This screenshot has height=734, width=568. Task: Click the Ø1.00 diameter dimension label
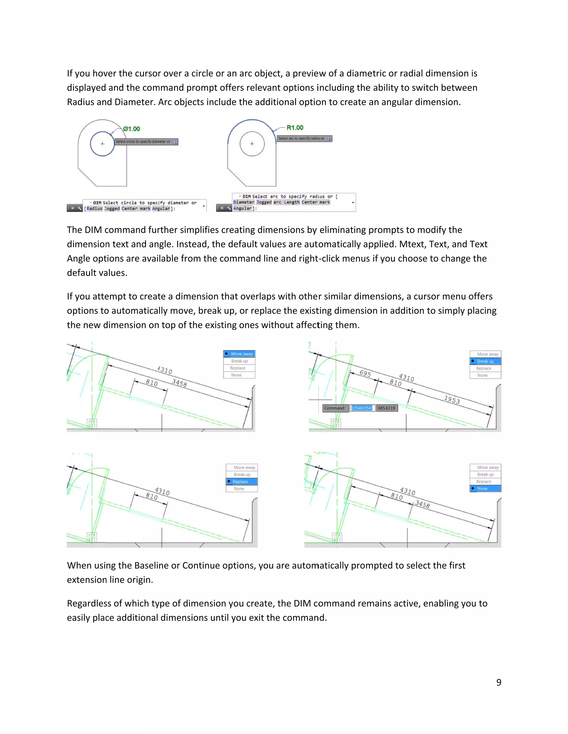point(131,129)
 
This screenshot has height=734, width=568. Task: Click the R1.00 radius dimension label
point(295,128)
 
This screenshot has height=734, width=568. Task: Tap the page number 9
point(498,682)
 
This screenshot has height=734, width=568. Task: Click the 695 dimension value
point(365,373)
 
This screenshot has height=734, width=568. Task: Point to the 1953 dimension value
point(452,400)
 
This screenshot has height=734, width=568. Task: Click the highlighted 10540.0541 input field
point(362,408)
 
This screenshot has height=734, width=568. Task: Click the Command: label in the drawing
point(334,408)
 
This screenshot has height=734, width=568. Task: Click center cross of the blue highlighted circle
point(103,144)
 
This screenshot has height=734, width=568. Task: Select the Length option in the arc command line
point(292,202)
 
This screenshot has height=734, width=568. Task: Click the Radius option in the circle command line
point(95,208)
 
